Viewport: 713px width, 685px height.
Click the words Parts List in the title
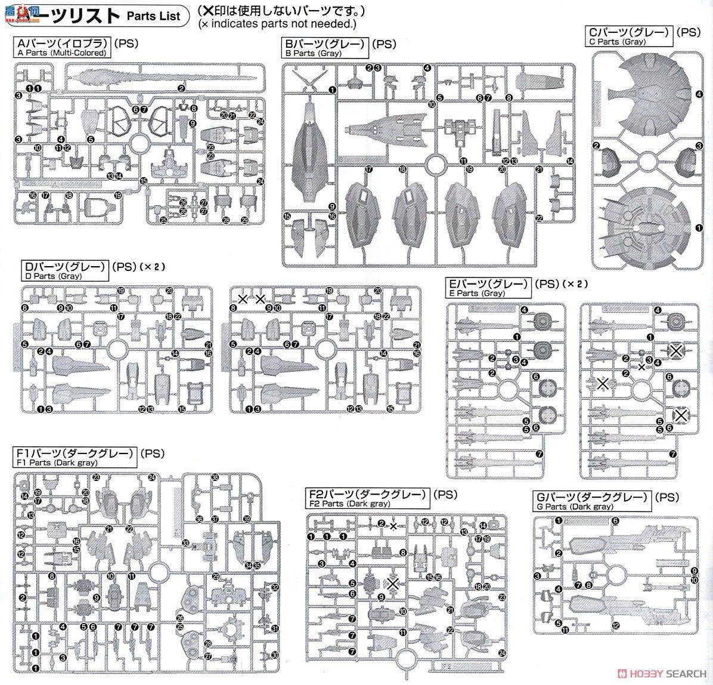[153, 16]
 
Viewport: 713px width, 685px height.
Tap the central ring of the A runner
[138, 144]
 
